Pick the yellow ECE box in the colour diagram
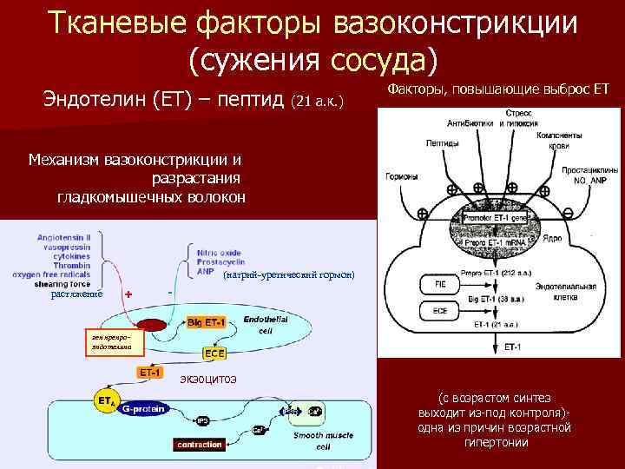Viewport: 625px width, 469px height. (214, 353)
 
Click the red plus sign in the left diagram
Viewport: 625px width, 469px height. (128, 294)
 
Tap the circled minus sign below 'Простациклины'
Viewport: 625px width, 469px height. (567, 213)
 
